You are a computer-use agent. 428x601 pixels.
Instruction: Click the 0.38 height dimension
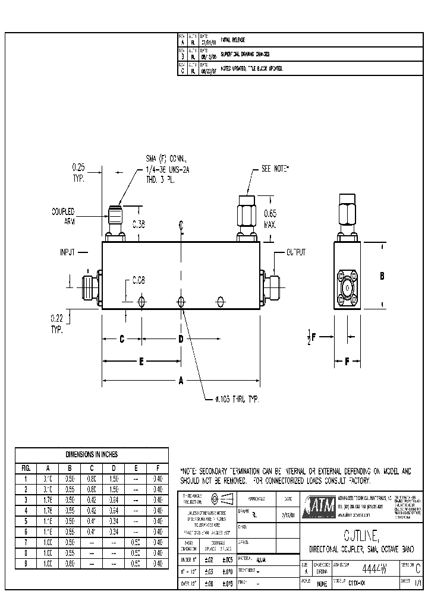pos(138,224)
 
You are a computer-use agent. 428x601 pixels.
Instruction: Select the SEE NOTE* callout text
pos(275,169)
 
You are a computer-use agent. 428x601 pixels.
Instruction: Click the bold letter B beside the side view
pos(383,276)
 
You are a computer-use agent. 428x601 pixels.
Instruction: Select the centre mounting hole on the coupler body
pos(181,302)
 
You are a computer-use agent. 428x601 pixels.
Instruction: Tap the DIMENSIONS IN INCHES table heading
pos(92,454)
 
